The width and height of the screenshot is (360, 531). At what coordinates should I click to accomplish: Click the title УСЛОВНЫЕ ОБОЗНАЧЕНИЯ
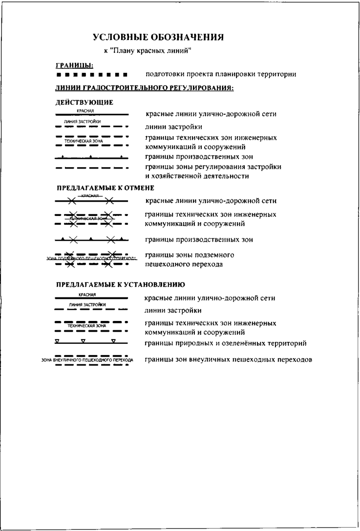pyautogui.click(x=158, y=37)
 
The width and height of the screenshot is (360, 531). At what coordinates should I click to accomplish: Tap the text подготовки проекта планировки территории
pyautogui.click(x=221, y=74)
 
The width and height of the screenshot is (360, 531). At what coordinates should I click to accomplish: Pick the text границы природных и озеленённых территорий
pyautogui.click(x=226, y=343)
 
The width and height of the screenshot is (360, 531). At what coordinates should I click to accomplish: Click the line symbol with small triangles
pyautogui.click(x=92, y=341)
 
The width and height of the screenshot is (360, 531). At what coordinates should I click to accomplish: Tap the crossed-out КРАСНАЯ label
pyautogui.click(x=90, y=195)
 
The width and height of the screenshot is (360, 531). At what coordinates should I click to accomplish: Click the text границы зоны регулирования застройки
pyautogui.click(x=213, y=167)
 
